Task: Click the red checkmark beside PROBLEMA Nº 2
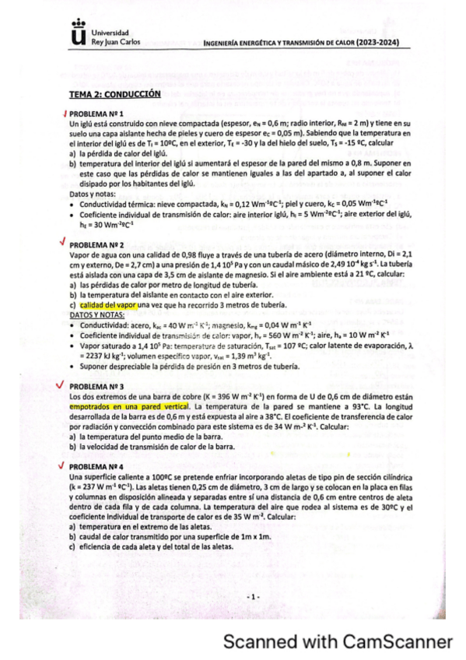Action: (x=62, y=241)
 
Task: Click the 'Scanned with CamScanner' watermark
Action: (x=337, y=642)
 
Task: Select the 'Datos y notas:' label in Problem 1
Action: (x=89, y=192)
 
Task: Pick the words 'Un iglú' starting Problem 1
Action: (x=79, y=124)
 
